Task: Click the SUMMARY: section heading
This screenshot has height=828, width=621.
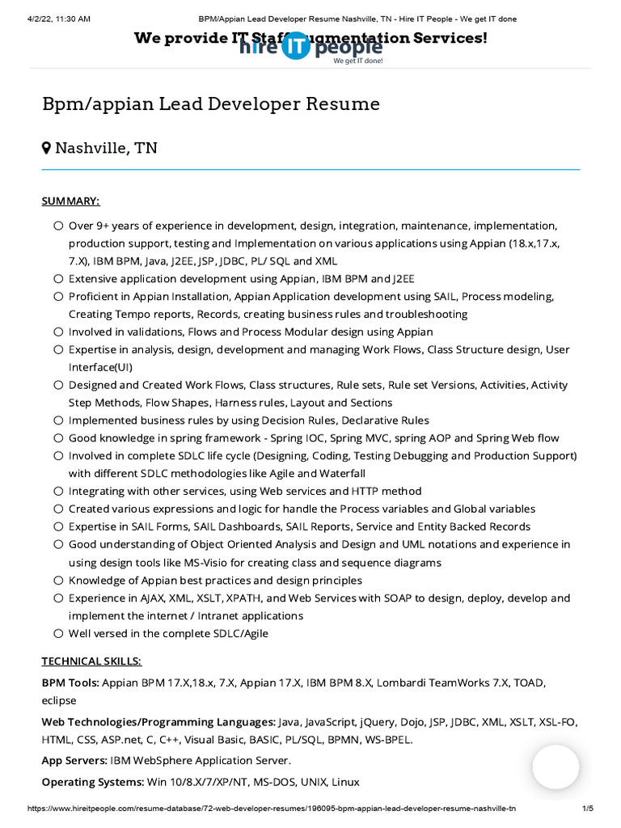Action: pyautogui.click(x=71, y=201)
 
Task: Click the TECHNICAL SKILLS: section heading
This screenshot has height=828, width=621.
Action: pyautogui.click(x=91, y=661)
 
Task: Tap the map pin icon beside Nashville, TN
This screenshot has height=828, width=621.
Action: pyautogui.click(x=47, y=148)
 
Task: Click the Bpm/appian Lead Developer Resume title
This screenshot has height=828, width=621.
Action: pyautogui.click(x=211, y=103)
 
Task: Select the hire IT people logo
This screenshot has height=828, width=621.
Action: pyautogui.click(x=310, y=48)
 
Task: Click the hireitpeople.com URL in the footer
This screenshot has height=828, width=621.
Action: pyautogui.click(x=272, y=808)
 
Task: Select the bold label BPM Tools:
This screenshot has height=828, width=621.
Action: pyautogui.click(x=70, y=682)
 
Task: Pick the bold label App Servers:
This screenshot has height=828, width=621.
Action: pyautogui.click(x=74, y=760)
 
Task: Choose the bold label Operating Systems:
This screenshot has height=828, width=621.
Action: pyautogui.click(x=92, y=782)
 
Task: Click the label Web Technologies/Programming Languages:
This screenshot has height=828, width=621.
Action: pyautogui.click(x=158, y=721)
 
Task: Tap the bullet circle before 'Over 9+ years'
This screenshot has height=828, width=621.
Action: pyautogui.click(x=58, y=226)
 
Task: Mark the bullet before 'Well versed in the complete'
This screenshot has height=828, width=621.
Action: pyautogui.click(x=58, y=634)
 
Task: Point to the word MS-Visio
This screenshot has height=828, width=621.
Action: pyautogui.click(x=226, y=562)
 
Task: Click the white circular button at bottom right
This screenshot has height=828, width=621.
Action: pyautogui.click(x=556, y=767)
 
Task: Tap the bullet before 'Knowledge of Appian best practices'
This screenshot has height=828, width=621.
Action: pyautogui.click(x=58, y=581)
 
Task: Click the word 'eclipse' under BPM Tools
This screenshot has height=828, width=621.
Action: pyautogui.click(x=59, y=700)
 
